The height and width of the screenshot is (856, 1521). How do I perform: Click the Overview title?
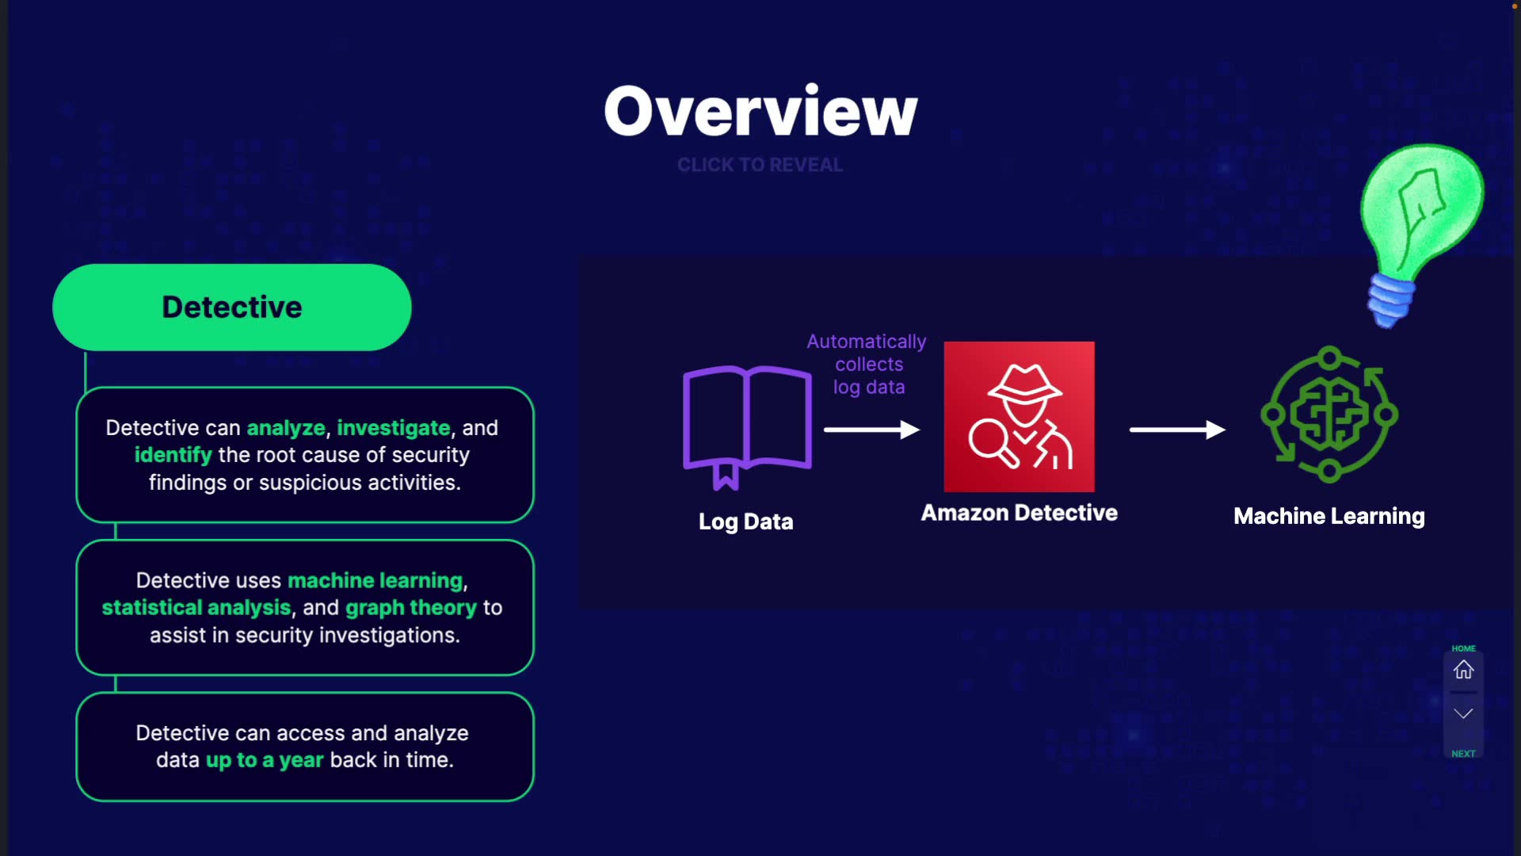(x=760, y=111)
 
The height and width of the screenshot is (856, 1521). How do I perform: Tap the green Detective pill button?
(x=232, y=308)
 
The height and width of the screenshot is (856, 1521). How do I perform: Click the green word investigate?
(x=394, y=428)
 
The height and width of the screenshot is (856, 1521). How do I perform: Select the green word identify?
(x=173, y=455)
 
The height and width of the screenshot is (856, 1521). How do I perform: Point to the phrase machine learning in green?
(x=375, y=580)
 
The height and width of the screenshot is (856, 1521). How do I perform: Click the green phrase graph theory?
(x=411, y=608)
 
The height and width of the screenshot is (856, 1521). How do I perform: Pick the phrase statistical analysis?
(x=196, y=608)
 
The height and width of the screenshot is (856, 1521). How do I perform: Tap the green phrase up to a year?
(x=265, y=760)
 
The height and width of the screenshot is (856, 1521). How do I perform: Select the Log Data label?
(x=745, y=522)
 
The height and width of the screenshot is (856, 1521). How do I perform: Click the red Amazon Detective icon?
(x=1019, y=417)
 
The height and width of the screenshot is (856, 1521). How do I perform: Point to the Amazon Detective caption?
(x=1019, y=513)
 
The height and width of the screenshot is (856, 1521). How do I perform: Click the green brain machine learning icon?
(x=1329, y=414)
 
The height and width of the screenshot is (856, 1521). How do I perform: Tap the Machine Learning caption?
(x=1329, y=516)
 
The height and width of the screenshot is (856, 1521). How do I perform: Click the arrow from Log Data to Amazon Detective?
(x=871, y=430)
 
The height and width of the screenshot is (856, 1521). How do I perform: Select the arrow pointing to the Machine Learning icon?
(x=1177, y=430)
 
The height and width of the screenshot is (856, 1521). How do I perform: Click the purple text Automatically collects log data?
(x=867, y=365)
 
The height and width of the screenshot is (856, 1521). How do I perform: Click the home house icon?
(x=1463, y=670)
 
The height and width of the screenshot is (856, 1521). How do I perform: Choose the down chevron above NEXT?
(x=1463, y=713)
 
